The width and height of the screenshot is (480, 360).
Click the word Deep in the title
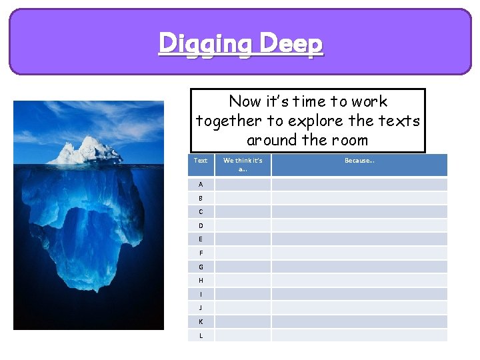click(x=291, y=44)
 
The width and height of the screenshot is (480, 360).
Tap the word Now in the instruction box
click(x=245, y=101)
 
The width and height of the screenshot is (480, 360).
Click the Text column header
click(x=201, y=161)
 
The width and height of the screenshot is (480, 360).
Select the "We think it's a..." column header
click(x=243, y=165)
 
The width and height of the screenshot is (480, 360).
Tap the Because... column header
click(x=359, y=161)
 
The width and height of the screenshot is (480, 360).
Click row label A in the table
click(x=201, y=184)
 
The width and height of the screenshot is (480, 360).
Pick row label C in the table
click(x=201, y=211)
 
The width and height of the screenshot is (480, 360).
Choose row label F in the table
click(x=201, y=253)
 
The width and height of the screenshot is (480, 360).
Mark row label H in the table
click(x=201, y=281)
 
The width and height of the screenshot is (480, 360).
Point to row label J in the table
click(x=201, y=308)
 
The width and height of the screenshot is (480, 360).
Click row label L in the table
click(x=201, y=335)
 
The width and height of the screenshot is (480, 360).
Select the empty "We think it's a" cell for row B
click(x=243, y=198)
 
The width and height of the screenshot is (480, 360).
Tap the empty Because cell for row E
click(x=359, y=239)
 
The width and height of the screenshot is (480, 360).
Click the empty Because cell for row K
click(x=359, y=321)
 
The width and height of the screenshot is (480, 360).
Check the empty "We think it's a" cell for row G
click(x=243, y=267)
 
